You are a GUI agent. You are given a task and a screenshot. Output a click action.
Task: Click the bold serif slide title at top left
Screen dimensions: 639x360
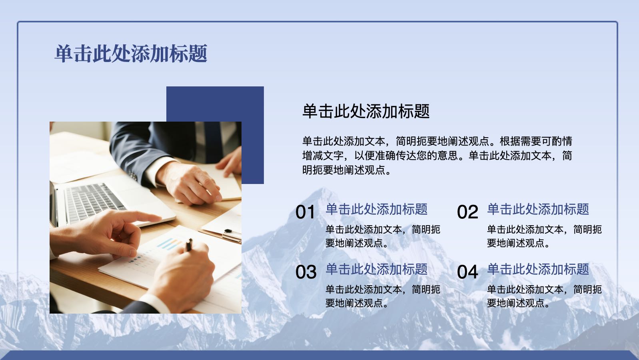pos(131,53)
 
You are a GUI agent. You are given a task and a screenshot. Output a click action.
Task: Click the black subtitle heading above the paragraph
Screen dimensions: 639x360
pos(366,111)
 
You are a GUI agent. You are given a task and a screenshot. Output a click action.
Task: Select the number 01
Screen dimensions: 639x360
pos(305,212)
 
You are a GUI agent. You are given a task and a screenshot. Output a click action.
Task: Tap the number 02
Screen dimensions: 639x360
pos(467,212)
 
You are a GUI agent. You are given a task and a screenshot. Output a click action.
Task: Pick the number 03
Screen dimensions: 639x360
pos(306,272)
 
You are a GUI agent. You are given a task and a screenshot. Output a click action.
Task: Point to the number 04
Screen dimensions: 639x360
pos(467,272)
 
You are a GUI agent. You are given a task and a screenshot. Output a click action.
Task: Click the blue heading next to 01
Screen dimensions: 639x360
pos(377,209)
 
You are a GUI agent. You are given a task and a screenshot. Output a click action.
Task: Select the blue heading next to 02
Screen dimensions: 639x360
pos(538,209)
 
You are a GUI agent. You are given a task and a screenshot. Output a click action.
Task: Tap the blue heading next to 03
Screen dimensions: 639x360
pos(377,269)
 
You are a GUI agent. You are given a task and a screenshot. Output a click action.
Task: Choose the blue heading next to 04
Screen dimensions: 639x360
pos(538,269)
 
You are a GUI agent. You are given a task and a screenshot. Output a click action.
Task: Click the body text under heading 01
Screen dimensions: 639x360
pos(383,236)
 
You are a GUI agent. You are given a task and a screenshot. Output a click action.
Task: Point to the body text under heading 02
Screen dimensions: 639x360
pos(544,236)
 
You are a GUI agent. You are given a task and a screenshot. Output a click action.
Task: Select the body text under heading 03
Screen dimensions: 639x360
pos(383,296)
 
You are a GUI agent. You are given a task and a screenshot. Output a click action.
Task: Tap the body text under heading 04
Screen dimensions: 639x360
pos(544,296)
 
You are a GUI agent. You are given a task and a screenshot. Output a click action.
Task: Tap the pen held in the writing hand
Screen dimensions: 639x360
pos(189,245)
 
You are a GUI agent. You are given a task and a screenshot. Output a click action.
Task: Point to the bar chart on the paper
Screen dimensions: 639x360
pos(170,244)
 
